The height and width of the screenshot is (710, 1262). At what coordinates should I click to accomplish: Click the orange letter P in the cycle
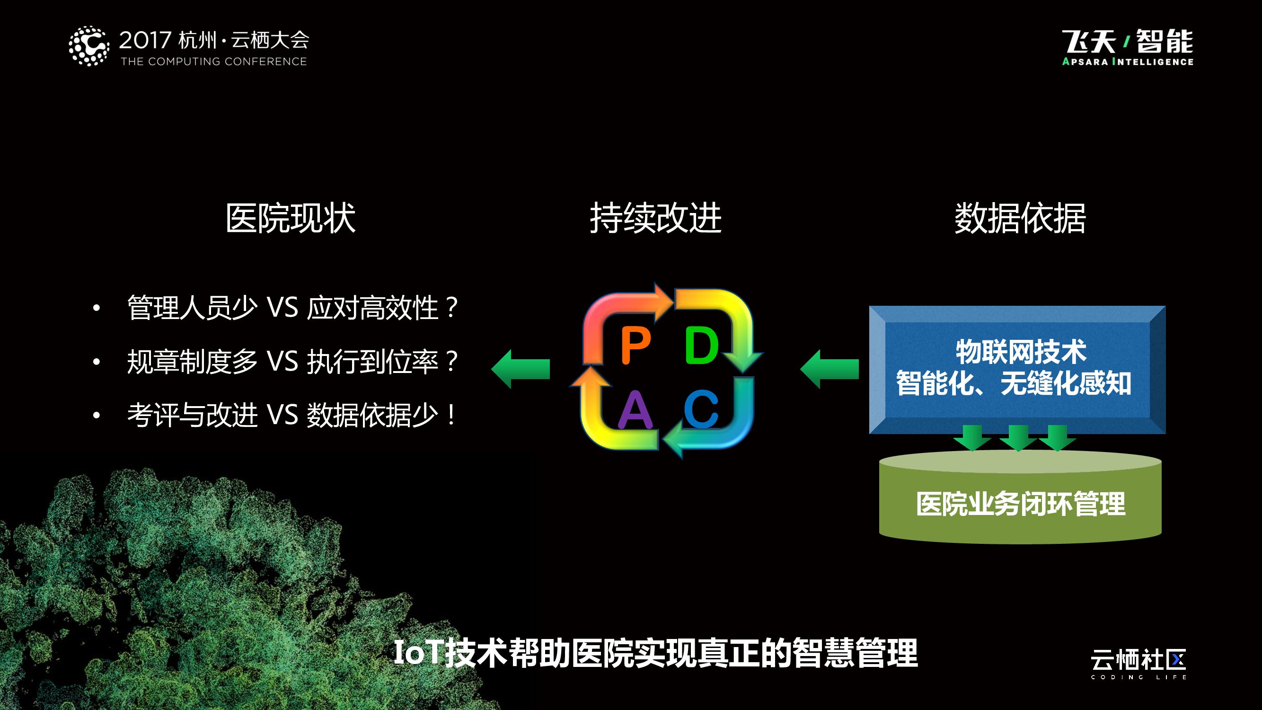point(635,346)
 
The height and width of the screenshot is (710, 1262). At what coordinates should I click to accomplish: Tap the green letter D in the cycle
point(701,346)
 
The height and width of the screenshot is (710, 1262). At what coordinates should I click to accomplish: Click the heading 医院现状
point(291,218)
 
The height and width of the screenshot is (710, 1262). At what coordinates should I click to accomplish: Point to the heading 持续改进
point(655,218)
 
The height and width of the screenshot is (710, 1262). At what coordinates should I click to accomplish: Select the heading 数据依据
point(1020,218)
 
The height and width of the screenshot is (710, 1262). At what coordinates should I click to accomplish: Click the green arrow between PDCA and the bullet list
point(521,369)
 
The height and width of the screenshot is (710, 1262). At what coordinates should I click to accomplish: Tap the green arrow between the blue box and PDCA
point(830,369)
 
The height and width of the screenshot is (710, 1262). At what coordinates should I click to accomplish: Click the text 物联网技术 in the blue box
point(1021,352)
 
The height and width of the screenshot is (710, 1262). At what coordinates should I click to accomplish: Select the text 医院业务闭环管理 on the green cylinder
point(1021,504)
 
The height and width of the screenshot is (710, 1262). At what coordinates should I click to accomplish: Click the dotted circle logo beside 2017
point(88,46)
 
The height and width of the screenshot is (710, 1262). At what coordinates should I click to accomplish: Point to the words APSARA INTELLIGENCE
point(1127,62)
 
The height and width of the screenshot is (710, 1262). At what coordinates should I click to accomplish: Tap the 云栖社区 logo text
point(1138,660)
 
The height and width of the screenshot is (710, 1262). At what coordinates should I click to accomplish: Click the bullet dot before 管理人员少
point(97,308)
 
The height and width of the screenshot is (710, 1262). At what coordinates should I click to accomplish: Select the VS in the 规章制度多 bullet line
point(282,362)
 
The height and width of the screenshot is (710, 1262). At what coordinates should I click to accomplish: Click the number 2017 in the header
point(145,40)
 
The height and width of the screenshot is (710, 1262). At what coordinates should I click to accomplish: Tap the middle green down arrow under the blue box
point(1017,437)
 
